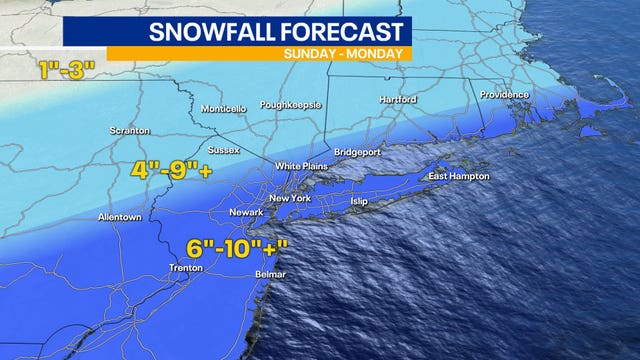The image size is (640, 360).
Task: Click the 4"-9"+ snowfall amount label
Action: click(x=171, y=170)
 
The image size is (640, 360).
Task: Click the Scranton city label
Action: click(x=131, y=130)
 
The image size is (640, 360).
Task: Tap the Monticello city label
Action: click(x=223, y=108)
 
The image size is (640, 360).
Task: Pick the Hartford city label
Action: click(x=397, y=100)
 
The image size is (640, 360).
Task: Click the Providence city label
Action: click(x=502, y=95)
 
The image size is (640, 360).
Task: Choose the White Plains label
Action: click(x=301, y=166)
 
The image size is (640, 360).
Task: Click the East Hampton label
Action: click(x=459, y=177)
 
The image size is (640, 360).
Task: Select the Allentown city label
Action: click(x=120, y=217)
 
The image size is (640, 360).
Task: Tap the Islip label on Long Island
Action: click(x=359, y=201)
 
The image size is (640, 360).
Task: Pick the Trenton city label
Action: click(x=186, y=268)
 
